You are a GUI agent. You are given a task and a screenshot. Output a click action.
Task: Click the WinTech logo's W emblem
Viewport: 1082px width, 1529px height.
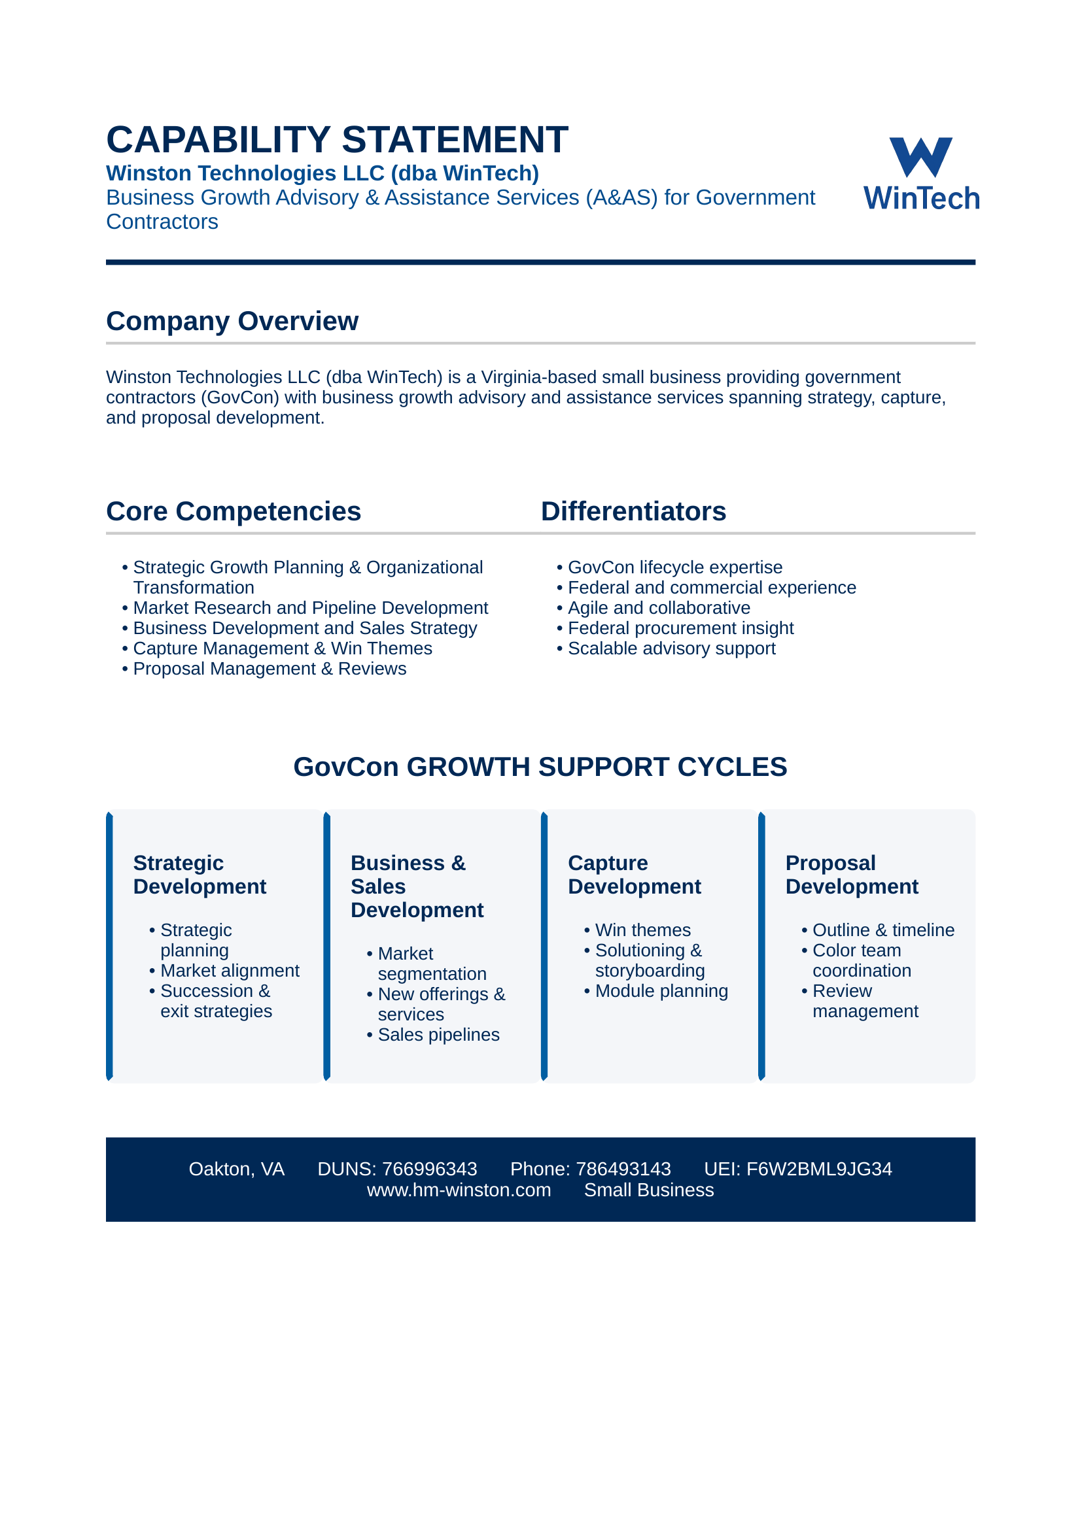(921, 157)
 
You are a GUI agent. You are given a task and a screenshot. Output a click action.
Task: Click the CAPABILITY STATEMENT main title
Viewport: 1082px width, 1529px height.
(337, 140)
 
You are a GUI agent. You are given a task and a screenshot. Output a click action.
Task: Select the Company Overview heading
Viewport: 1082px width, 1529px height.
(232, 322)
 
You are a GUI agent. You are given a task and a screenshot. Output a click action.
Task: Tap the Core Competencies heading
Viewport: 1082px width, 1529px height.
(233, 511)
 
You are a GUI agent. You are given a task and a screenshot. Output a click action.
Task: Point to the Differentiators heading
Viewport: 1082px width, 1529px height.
(634, 511)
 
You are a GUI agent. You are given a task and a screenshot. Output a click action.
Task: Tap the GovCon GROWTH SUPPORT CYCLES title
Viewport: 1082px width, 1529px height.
(540, 767)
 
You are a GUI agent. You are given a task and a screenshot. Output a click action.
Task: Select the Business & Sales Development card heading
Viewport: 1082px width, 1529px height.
(417, 886)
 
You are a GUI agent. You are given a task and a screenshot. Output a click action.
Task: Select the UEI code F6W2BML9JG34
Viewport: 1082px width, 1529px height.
(819, 1169)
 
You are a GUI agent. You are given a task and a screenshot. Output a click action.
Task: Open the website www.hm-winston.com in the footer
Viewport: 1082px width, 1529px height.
(459, 1190)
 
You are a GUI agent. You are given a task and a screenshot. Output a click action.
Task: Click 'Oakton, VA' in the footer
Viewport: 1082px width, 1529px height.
(237, 1169)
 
